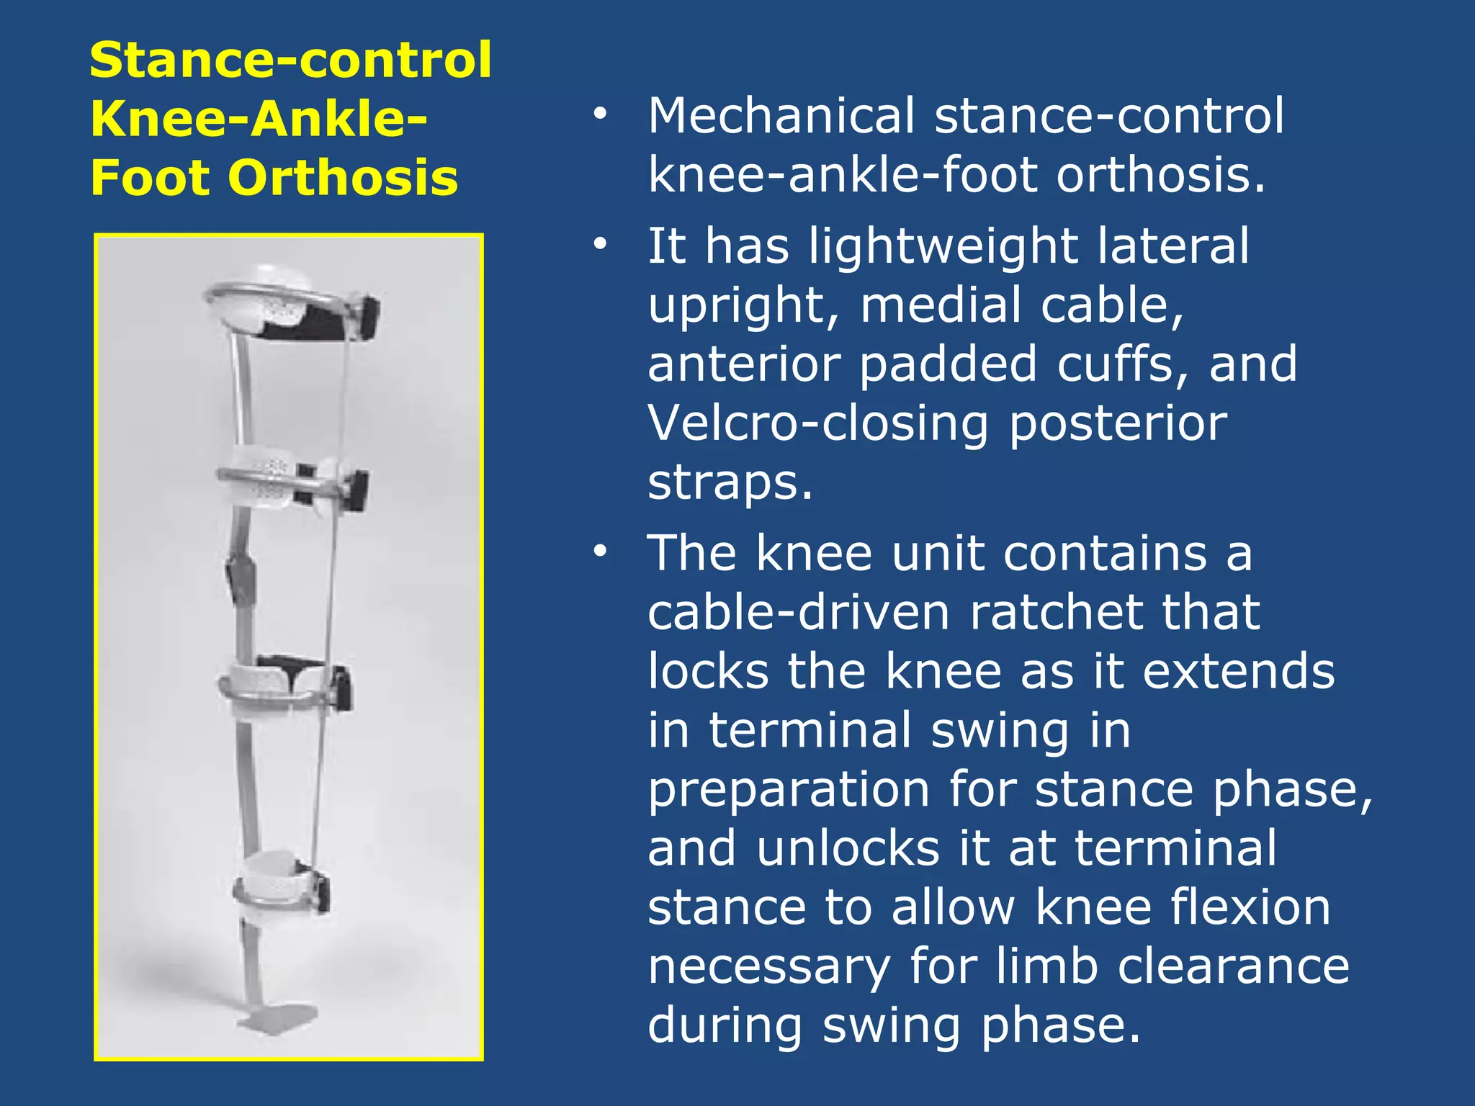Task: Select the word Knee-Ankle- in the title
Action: click(x=259, y=119)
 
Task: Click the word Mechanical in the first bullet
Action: click(x=781, y=116)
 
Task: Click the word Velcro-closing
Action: click(x=818, y=423)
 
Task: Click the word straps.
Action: click(x=730, y=482)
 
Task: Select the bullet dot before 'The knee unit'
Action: click(x=600, y=552)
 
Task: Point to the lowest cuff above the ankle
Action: click(x=281, y=889)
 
